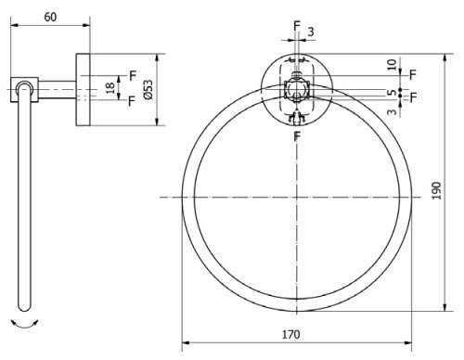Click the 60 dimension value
(50, 17)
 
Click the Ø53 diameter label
(148, 90)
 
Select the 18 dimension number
(110, 88)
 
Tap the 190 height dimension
(436, 191)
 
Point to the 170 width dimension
(290, 334)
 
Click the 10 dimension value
(392, 65)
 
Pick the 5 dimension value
(392, 92)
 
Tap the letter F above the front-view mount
(297, 26)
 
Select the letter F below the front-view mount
(297, 136)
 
